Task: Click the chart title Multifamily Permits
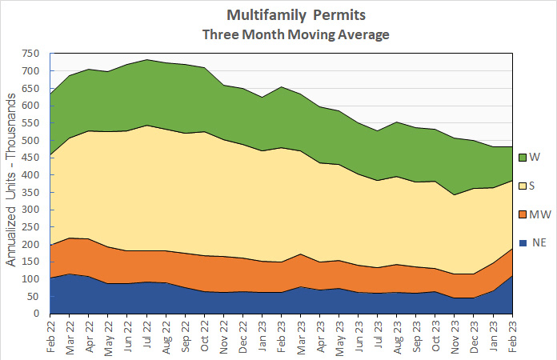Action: point(279,15)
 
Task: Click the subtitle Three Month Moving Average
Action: point(279,34)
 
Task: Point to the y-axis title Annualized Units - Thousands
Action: point(11,184)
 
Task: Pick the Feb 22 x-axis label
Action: point(50,336)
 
